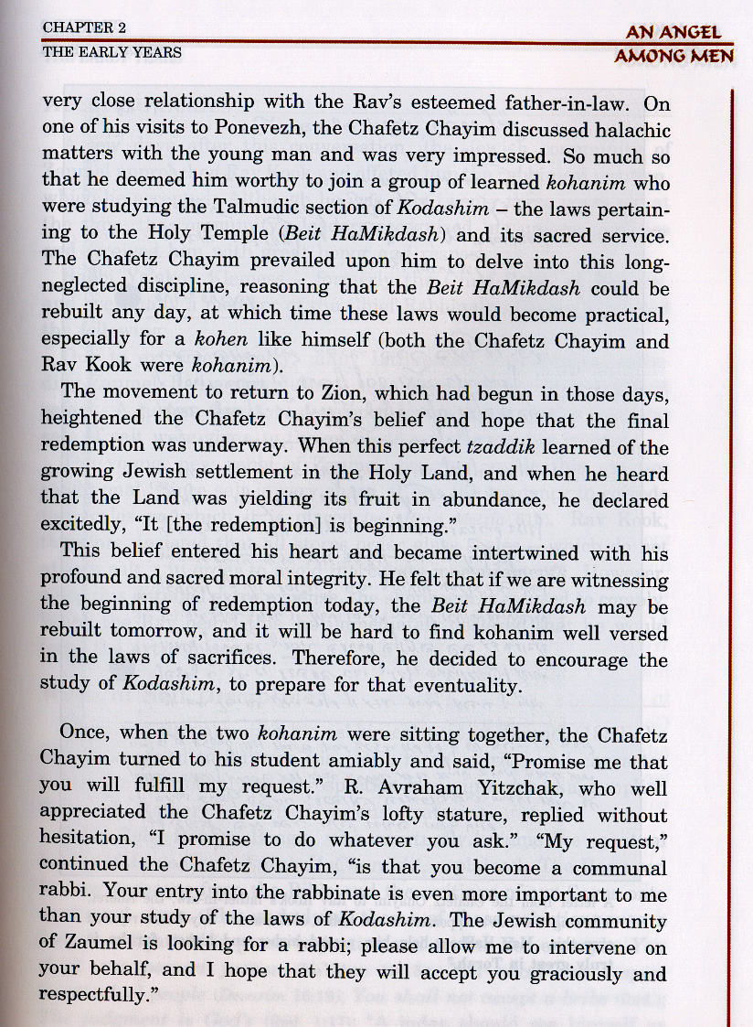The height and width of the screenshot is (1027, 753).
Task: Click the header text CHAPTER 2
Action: (x=84, y=28)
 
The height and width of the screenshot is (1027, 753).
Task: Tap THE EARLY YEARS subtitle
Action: (x=111, y=52)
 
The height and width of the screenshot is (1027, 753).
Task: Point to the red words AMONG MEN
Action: (x=674, y=56)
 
